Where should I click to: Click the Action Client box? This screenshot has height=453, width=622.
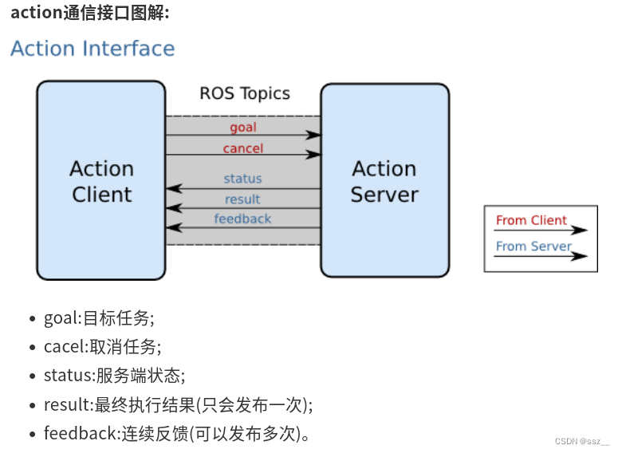[x=101, y=181]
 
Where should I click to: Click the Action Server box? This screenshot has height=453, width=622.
[x=384, y=181]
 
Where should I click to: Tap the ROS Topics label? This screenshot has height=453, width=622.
[x=245, y=93]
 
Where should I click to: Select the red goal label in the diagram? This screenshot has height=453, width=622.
[x=243, y=127]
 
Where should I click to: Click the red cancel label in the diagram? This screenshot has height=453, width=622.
[x=243, y=148]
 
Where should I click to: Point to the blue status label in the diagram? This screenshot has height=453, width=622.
[x=242, y=179]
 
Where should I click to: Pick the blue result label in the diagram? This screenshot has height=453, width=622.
[x=242, y=199]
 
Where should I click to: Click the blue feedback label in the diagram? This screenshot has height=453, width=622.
[x=242, y=219]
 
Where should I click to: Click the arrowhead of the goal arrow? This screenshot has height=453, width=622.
[x=315, y=136]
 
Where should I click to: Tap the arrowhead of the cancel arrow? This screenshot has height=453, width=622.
[x=315, y=156]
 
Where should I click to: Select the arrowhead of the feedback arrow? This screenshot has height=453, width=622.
[x=171, y=228]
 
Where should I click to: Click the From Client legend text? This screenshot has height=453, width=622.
[x=531, y=220]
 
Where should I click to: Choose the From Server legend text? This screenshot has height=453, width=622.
[x=533, y=246]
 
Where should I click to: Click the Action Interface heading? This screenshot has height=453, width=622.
[x=93, y=49]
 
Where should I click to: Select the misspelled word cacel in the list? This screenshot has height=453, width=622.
[x=63, y=347]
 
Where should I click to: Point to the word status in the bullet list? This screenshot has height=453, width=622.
[x=67, y=376]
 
